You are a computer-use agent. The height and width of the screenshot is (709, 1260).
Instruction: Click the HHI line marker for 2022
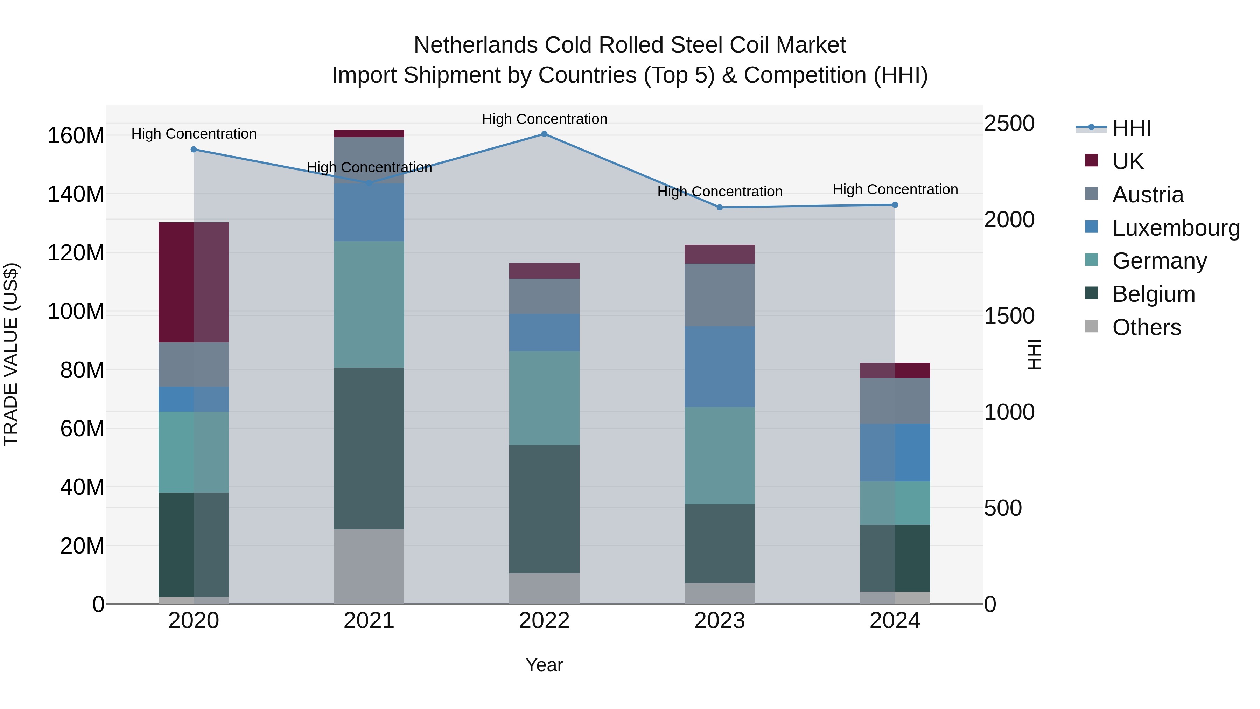coord(544,134)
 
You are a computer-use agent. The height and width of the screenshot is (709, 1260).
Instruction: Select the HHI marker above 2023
coord(720,208)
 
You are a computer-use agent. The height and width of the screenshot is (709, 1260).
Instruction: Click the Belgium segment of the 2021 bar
coord(369,448)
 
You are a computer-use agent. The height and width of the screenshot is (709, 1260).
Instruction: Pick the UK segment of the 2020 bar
coord(194,282)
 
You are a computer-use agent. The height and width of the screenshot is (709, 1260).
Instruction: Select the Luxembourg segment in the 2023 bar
coord(720,367)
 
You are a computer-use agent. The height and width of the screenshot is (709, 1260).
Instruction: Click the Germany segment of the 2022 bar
coord(544,398)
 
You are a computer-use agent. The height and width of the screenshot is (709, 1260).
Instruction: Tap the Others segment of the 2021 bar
coord(369,566)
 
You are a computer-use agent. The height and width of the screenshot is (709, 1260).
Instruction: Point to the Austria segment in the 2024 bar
coord(895,401)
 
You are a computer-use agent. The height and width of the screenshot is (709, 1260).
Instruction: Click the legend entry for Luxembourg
coord(1176,228)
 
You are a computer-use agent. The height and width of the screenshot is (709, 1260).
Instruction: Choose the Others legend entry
coord(1147,327)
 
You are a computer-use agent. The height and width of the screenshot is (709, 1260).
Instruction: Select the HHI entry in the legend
coord(1131,128)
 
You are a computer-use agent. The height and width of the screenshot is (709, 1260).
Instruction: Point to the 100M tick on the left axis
coord(76,312)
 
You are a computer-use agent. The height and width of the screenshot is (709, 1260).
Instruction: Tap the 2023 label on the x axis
coord(720,621)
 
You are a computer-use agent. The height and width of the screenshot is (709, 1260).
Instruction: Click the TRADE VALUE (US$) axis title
coord(11,354)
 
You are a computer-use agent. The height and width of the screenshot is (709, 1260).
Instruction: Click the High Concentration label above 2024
coord(895,189)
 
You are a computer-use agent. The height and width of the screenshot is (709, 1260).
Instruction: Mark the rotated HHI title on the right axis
coord(1034,354)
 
